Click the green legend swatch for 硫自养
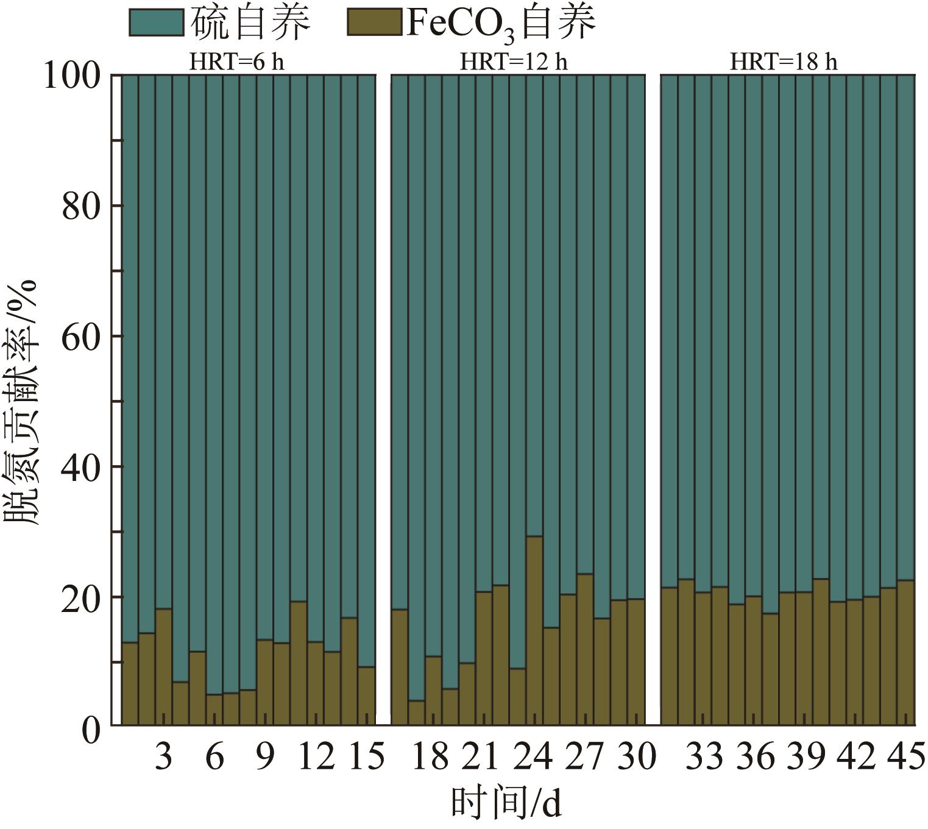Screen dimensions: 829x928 157,23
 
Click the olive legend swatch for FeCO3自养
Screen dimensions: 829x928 374,23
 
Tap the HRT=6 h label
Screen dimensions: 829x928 236,62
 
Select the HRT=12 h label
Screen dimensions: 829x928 513,62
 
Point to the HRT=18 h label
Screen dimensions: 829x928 784,62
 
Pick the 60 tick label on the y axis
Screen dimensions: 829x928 81,336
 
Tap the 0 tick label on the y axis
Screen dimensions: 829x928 90,729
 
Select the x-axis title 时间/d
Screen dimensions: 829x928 506,803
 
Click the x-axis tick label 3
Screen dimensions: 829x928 163,757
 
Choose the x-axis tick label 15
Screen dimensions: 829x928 366,757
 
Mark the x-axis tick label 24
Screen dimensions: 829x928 534,757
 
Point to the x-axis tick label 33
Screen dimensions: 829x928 703,757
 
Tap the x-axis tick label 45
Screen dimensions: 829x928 907,757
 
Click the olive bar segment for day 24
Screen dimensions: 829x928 534,631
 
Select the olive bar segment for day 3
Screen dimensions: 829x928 164,667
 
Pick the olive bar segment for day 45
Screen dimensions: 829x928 906,652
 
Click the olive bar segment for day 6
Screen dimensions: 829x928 214,710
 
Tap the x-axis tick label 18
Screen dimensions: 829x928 430,757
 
